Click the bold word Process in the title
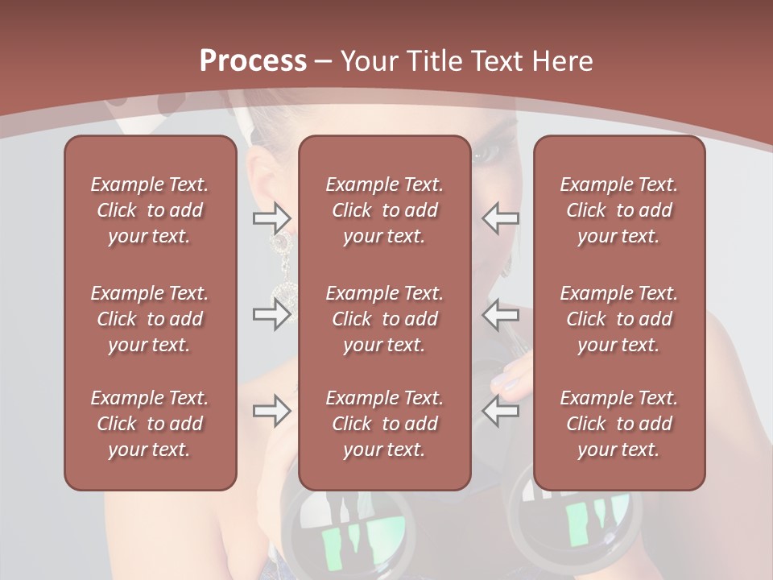tap(253, 61)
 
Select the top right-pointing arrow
tap(272, 217)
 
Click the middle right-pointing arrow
tap(272, 314)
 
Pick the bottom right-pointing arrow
tap(272, 411)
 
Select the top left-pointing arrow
tap(501, 217)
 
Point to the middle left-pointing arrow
tap(501, 314)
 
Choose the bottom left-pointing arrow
tap(501, 411)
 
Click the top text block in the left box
tap(150, 210)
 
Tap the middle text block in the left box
tap(150, 319)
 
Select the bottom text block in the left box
tap(150, 424)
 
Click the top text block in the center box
tap(385, 210)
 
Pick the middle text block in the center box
tap(385, 319)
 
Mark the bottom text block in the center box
tap(385, 424)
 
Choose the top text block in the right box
tap(619, 210)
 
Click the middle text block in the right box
tap(619, 319)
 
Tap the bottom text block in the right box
tap(619, 424)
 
